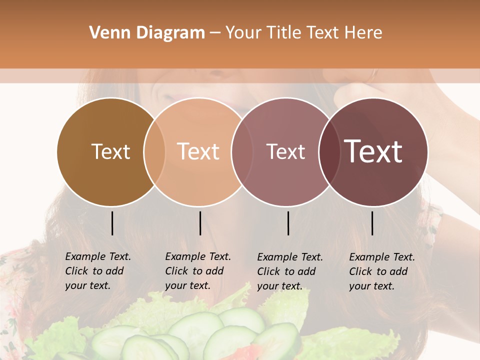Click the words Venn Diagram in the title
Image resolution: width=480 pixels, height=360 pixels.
tap(147, 33)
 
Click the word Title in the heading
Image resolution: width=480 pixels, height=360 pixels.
tap(285, 33)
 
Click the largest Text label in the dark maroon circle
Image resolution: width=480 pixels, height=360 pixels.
tap(373, 151)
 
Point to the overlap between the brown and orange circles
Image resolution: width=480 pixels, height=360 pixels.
tap(154, 152)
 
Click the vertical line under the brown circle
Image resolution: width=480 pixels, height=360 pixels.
tap(112, 223)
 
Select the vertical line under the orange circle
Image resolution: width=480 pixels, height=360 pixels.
tap(200, 223)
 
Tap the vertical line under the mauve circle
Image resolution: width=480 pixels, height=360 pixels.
tap(288, 223)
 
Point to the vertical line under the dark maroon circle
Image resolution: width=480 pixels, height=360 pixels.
tap(372, 223)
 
